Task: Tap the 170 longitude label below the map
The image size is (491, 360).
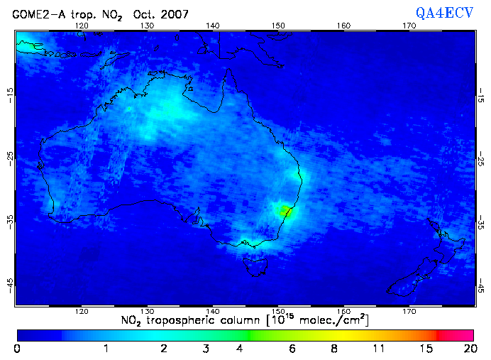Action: (409, 312)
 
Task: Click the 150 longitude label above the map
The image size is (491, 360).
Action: (278, 26)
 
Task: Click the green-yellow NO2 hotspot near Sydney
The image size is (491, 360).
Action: (285, 210)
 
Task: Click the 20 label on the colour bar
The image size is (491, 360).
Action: (469, 349)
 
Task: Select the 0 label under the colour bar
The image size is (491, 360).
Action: (17, 349)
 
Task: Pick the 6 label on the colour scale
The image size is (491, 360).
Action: (292, 349)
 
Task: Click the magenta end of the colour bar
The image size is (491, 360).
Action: (465, 334)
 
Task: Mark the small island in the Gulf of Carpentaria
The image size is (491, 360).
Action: (190, 89)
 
